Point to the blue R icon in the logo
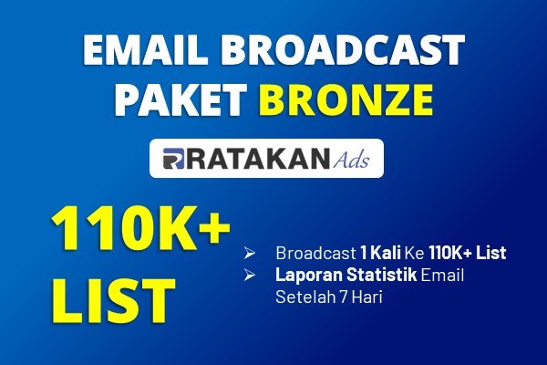click(173, 159)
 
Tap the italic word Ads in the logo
click(351, 160)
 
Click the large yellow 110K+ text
click(141, 228)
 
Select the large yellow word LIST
click(114, 300)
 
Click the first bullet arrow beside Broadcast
click(250, 253)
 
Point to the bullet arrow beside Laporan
click(250, 275)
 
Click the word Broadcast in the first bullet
click(315, 253)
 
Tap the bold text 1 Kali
click(380, 253)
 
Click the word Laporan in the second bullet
click(309, 276)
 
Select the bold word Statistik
click(381, 275)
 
